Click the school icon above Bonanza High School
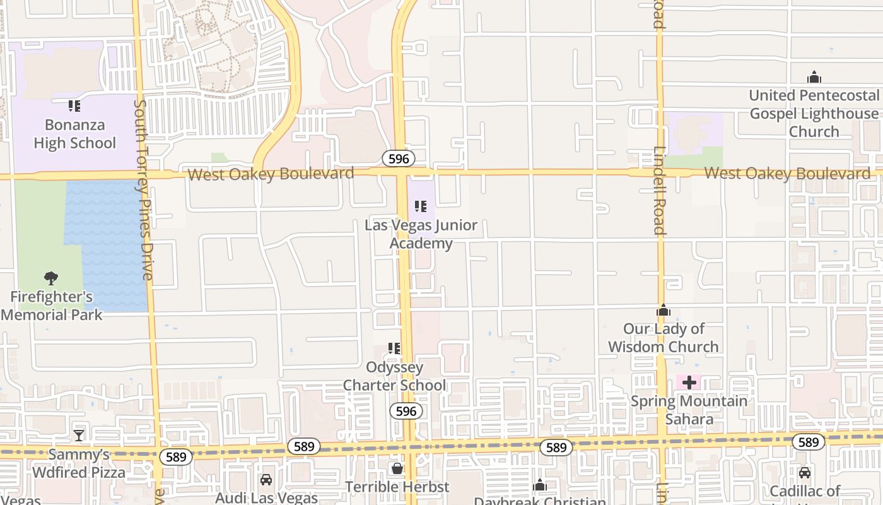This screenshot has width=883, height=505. pyautogui.click(x=74, y=106)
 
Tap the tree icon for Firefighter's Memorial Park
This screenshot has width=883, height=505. pyautogui.click(x=51, y=278)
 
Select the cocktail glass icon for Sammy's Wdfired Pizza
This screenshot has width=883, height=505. pyautogui.click(x=79, y=435)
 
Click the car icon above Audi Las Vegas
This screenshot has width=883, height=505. pyautogui.click(x=266, y=480)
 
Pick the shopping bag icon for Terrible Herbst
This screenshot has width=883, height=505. pyautogui.click(x=397, y=468)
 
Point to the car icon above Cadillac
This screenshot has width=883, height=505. pyautogui.click(x=805, y=472)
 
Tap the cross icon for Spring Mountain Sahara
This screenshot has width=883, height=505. pyautogui.click(x=689, y=383)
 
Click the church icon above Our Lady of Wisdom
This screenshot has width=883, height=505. pyautogui.click(x=664, y=310)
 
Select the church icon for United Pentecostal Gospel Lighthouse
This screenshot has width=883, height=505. pyautogui.click(x=814, y=77)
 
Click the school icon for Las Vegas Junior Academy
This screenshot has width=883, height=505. pyautogui.click(x=421, y=206)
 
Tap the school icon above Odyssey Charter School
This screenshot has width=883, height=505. pyautogui.click(x=394, y=348)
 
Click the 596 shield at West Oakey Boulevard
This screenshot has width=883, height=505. pyautogui.click(x=399, y=158)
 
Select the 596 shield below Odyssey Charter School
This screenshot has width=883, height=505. pyautogui.click(x=406, y=412)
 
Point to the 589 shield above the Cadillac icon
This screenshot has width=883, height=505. pyautogui.click(x=808, y=442)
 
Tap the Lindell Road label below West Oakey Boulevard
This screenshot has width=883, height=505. pyautogui.click(x=660, y=191)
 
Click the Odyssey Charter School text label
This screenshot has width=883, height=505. pyautogui.click(x=394, y=376)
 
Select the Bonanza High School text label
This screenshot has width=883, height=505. pyautogui.click(x=74, y=134)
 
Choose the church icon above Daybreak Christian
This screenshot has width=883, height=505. pyautogui.click(x=540, y=485)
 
